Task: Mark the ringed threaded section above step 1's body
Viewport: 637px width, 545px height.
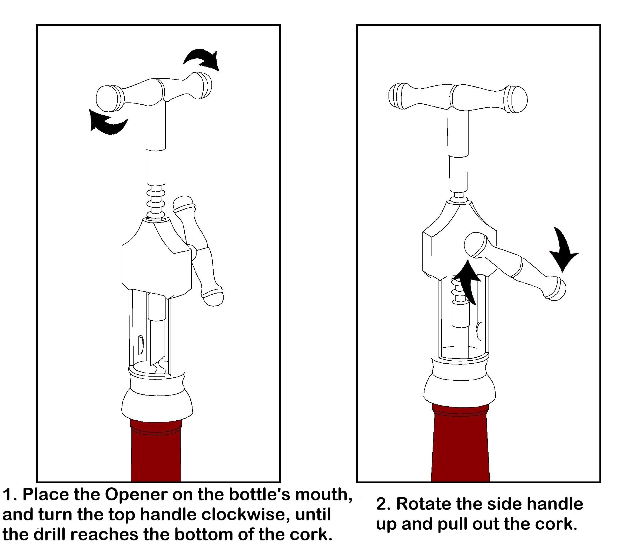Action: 156,203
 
